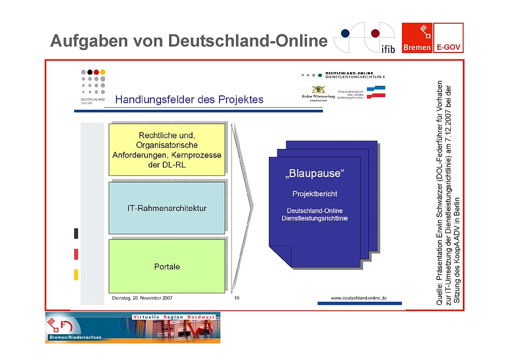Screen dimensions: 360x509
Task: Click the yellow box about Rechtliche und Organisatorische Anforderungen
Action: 167,149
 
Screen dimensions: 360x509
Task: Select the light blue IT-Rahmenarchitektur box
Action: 167,208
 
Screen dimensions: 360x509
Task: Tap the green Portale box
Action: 167,266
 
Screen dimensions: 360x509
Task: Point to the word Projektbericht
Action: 315,194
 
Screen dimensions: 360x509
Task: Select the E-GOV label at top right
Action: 449,47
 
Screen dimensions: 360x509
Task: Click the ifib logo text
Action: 388,49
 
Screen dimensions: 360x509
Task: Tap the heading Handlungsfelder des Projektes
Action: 189,100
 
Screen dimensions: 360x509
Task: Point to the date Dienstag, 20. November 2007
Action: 142,298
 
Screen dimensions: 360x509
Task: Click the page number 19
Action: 236,298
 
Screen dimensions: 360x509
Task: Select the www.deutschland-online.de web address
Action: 358,298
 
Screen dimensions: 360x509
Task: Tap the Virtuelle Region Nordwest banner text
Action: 174,317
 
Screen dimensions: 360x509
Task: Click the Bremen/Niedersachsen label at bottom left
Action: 75,337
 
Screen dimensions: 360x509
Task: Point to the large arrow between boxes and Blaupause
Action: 242,207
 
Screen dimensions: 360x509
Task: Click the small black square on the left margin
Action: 76,233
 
